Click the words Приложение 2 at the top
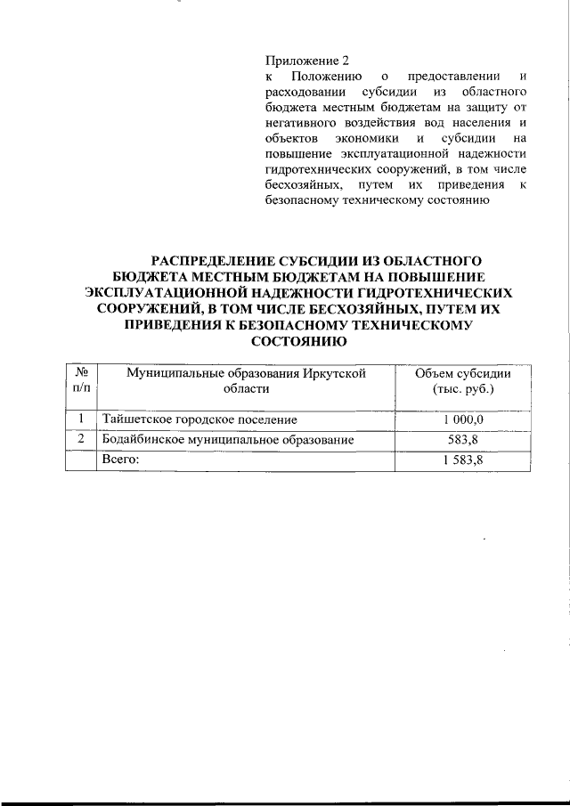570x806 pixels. (x=307, y=61)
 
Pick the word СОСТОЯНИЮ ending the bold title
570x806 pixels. (x=298, y=340)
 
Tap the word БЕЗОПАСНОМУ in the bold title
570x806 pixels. (x=303, y=324)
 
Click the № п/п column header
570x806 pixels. (x=81, y=380)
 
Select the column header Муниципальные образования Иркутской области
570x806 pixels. (x=247, y=380)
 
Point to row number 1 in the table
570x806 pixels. (x=81, y=419)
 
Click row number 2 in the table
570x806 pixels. (x=81, y=439)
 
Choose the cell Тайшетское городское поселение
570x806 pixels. (x=199, y=419)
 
